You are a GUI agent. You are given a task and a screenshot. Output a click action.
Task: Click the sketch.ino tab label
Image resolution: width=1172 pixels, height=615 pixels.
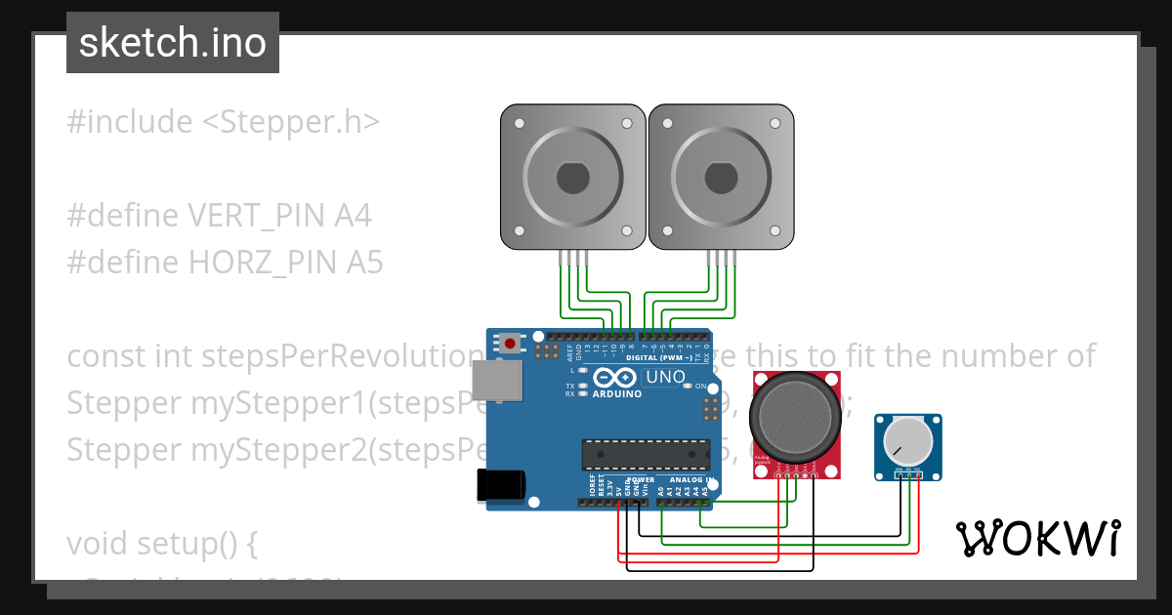[x=172, y=43]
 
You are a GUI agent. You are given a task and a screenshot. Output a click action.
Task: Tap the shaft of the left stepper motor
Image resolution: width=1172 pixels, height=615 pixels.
[x=572, y=178]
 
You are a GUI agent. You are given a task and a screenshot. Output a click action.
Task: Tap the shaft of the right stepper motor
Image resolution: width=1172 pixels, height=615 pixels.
[x=721, y=178]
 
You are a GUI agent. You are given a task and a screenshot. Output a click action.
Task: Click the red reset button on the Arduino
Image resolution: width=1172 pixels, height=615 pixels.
[x=509, y=344]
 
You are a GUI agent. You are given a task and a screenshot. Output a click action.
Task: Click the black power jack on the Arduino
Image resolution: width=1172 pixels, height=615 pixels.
[x=501, y=485]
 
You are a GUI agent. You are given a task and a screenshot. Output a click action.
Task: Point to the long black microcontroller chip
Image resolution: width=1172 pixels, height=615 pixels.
[x=646, y=455]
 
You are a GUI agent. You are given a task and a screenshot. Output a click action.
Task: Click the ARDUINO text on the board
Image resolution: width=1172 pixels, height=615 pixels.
[x=617, y=393]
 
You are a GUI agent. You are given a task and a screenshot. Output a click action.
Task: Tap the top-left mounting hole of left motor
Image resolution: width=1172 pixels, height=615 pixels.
[x=519, y=124]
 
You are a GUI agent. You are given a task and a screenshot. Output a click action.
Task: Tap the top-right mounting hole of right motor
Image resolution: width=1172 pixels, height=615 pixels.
[x=776, y=124]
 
